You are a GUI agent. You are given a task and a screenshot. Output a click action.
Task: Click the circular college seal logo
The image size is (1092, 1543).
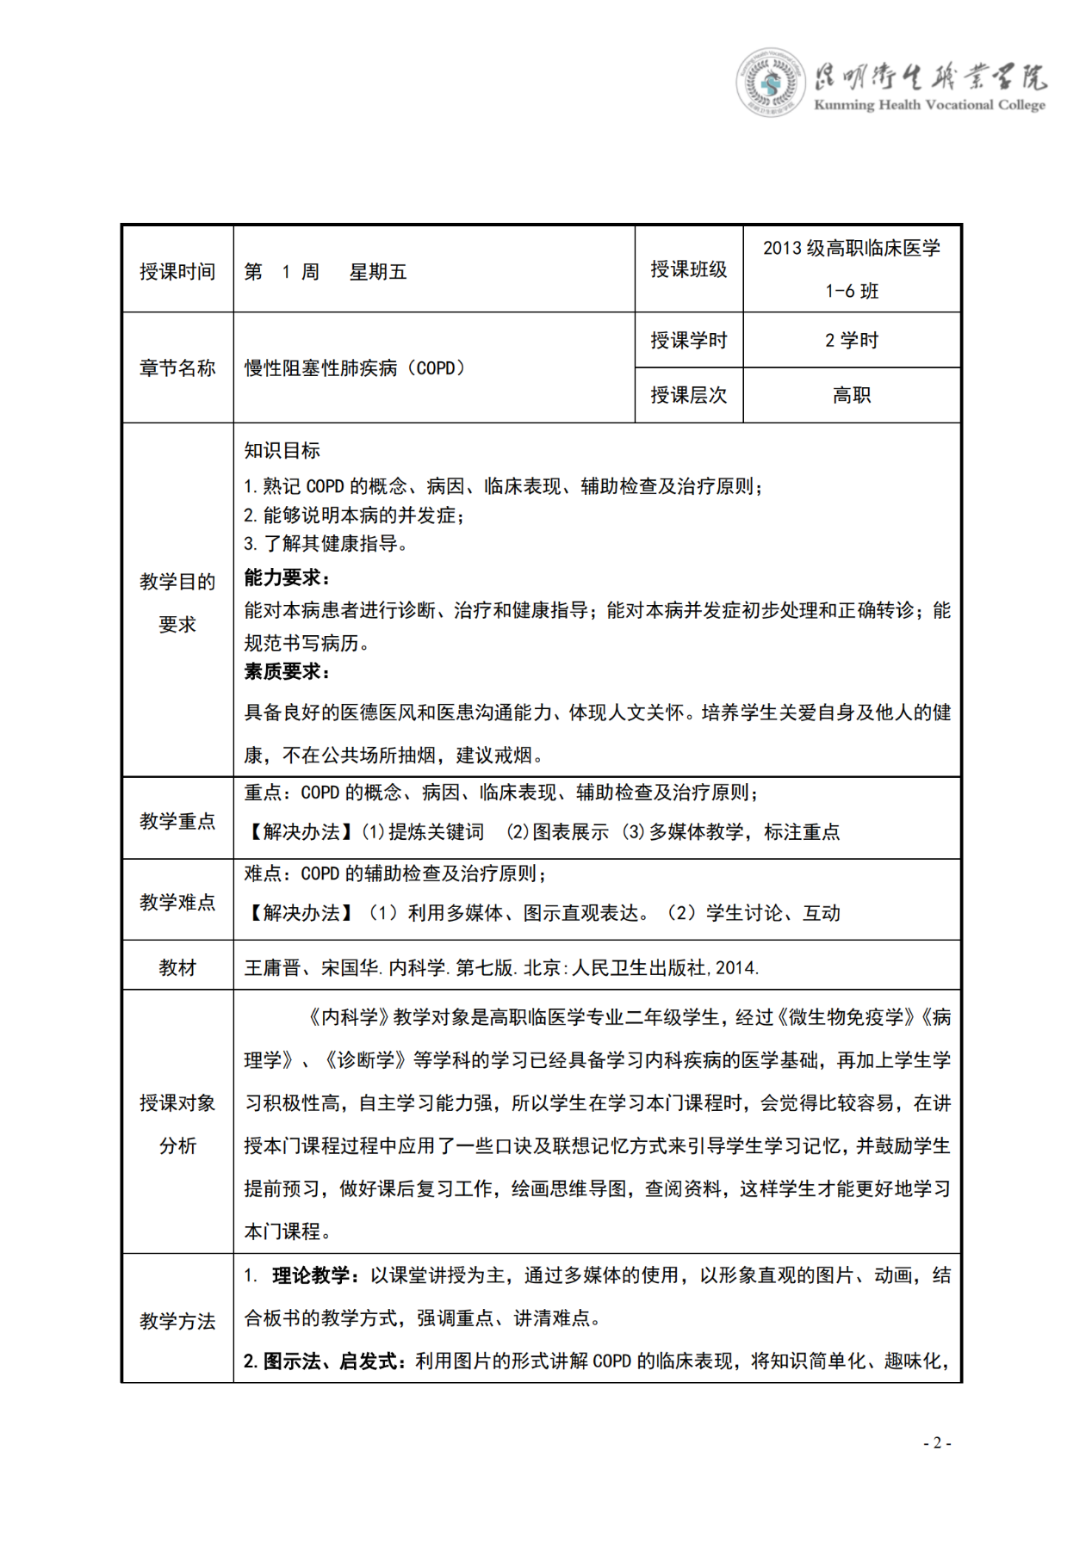coord(770,83)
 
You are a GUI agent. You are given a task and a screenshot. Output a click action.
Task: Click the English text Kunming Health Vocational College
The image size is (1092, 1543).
coord(929,105)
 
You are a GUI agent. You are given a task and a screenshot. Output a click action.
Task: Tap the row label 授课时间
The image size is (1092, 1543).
coord(177,272)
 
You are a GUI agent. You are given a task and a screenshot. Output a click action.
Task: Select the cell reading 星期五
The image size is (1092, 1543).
coord(377,272)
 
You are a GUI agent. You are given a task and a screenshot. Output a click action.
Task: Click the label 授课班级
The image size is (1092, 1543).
coord(688,269)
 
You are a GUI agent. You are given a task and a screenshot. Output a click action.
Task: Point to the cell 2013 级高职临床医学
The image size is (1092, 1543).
coord(851,249)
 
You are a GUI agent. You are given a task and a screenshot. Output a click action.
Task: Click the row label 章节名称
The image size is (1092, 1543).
coord(177,368)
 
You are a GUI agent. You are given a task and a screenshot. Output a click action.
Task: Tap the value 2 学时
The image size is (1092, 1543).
coord(851,341)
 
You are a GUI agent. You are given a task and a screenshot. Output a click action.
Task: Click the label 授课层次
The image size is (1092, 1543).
coord(688,395)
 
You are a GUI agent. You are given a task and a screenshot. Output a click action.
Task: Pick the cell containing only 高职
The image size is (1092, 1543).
coord(851,395)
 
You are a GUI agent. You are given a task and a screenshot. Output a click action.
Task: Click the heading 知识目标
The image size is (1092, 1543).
coord(282,450)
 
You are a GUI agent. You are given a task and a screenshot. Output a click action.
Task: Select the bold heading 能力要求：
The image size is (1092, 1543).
coord(287,577)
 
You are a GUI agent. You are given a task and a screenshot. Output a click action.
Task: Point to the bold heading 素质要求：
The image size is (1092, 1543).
coord(287,671)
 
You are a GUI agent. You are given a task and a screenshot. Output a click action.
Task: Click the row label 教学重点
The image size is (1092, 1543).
coord(177,821)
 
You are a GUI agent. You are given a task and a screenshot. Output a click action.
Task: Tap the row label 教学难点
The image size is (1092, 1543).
coord(177,902)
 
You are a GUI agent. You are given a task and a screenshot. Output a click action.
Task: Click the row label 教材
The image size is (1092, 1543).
coord(177,967)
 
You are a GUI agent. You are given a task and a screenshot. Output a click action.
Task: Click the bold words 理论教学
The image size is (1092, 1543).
coord(310,1275)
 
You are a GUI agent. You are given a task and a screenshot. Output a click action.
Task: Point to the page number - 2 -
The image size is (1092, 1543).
coord(937,1443)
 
